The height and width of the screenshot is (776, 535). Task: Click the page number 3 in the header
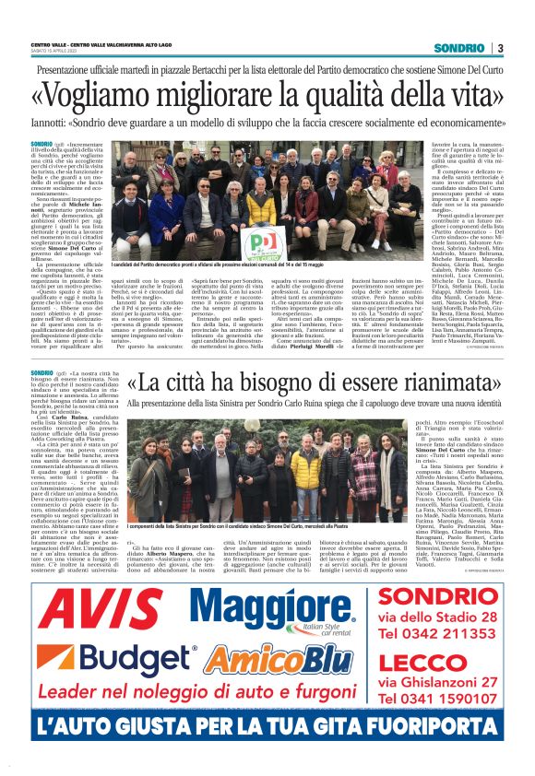click(x=499, y=48)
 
